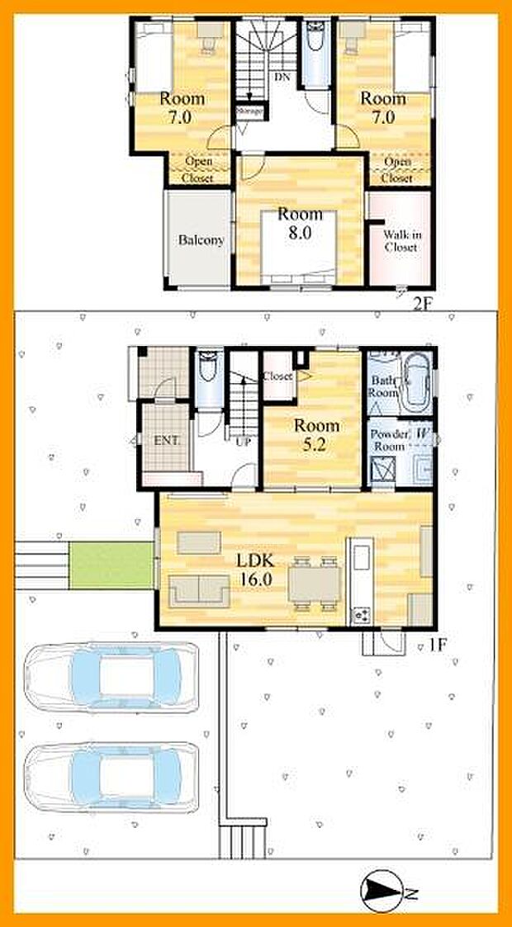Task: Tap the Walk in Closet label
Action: point(401,240)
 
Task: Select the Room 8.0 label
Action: point(294,223)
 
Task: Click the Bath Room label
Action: point(382,387)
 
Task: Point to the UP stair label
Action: point(244,441)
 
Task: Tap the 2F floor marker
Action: point(422,303)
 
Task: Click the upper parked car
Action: point(111,678)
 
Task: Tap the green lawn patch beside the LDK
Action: point(111,565)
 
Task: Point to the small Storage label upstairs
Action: point(249,110)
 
